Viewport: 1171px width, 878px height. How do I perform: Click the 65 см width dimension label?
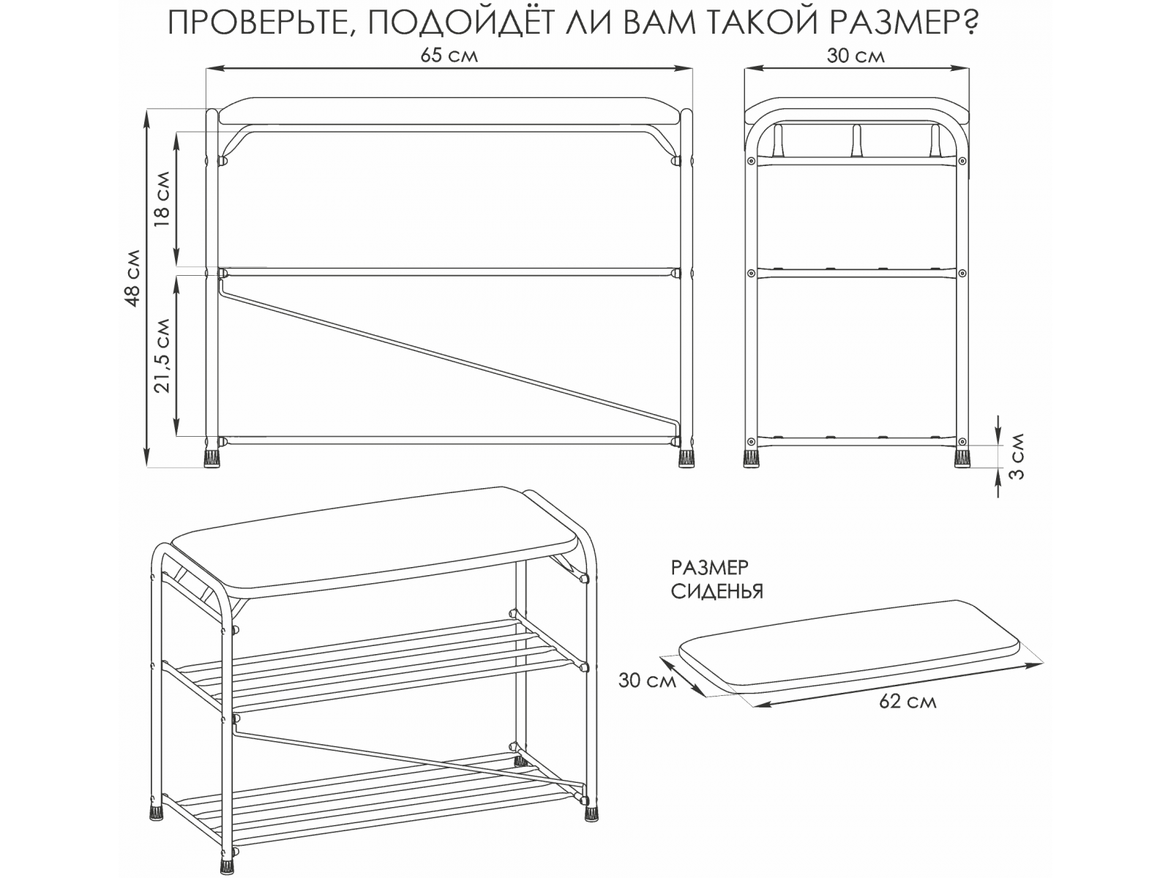pyautogui.click(x=449, y=56)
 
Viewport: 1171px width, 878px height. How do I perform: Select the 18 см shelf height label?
pyautogui.click(x=162, y=199)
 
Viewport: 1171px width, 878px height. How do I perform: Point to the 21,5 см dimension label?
pyautogui.click(x=162, y=356)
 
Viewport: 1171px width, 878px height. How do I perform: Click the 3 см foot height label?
pyautogui.click(x=1017, y=457)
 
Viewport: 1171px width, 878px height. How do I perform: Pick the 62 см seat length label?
pyautogui.click(x=908, y=702)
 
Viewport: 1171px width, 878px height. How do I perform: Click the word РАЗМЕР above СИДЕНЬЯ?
pyautogui.click(x=710, y=568)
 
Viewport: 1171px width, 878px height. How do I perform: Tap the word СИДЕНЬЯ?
pyautogui.click(x=717, y=592)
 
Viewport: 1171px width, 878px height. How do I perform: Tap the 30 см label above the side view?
pyautogui.click(x=856, y=56)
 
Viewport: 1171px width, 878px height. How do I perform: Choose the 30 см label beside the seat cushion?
pyautogui.click(x=647, y=680)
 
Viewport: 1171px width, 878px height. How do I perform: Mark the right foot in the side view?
pyautogui.click(x=962, y=458)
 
